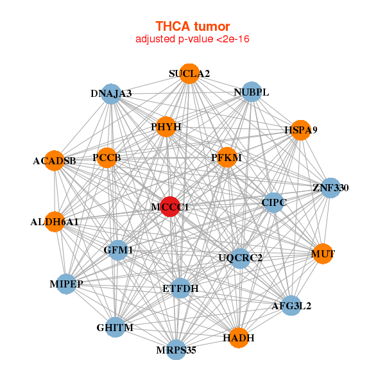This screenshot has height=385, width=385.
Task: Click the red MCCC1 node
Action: (169, 207)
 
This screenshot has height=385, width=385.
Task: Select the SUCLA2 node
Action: (189, 74)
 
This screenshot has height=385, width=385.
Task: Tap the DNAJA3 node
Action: (112, 94)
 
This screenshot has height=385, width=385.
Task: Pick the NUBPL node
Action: (252, 92)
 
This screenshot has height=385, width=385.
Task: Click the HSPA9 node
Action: (300, 130)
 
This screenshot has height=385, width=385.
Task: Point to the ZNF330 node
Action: (330, 188)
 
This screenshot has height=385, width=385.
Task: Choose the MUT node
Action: (323, 254)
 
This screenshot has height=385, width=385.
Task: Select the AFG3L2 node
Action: (291, 305)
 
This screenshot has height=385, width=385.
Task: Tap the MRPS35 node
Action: (176, 350)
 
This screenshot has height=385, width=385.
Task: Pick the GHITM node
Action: (116, 328)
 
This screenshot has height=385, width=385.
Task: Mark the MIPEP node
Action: (67, 284)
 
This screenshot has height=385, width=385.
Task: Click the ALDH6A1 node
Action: (55, 222)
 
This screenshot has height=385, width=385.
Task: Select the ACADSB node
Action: (55, 160)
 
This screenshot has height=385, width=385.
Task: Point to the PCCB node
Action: (107, 158)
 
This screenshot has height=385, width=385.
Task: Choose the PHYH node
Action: (166, 127)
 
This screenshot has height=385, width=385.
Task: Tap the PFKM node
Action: (227, 157)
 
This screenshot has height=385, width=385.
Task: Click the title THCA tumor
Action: (193, 26)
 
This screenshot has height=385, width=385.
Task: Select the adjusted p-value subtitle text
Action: (193, 39)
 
